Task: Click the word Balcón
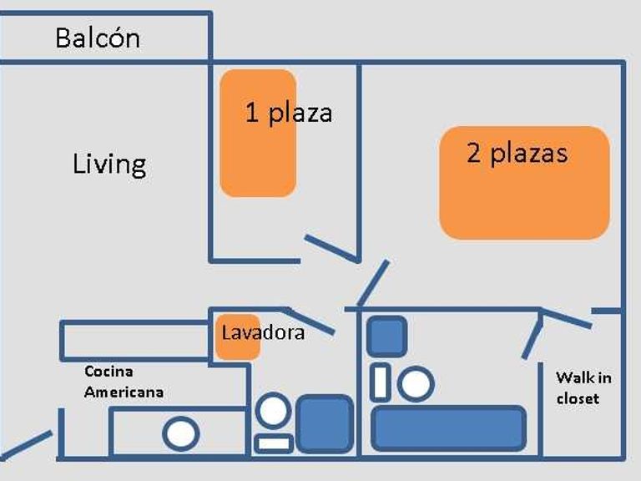(x=98, y=38)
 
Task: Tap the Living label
(x=109, y=164)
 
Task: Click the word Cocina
(x=109, y=372)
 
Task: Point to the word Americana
(x=124, y=392)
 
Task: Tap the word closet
(x=578, y=399)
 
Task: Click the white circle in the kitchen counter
(x=180, y=434)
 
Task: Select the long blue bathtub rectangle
(x=448, y=428)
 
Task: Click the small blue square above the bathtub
(x=386, y=336)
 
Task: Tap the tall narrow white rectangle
(x=380, y=382)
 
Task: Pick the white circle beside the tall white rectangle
(x=415, y=384)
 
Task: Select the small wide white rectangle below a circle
(x=274, y=443)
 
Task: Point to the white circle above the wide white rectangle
(x=273, y=411)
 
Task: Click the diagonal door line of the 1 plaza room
(x=331, y=248)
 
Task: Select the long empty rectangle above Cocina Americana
(x=134, y=341)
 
